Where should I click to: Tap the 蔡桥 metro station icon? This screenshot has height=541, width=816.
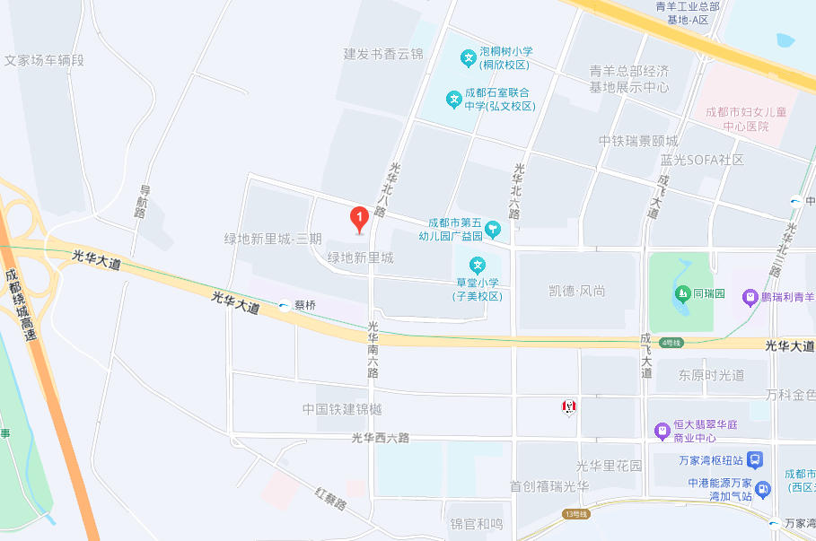[x=285, y=305]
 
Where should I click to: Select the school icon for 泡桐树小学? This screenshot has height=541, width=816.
[x=468, y=58]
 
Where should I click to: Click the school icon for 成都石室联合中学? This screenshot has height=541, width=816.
[x=453, y=99]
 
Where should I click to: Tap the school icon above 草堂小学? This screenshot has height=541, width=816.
[x=478, y=266]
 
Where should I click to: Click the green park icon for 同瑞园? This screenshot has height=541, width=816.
[x=680, y=293]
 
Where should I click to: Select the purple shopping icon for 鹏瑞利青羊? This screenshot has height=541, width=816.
[x=749, y=297]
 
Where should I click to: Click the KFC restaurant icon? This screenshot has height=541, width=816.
[x=568, y=407]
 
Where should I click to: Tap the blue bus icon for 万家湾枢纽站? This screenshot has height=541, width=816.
[x=755, y=460]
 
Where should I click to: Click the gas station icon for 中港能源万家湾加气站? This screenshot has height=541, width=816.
[x=763, y=489]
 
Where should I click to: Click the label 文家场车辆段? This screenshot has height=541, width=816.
[x=44, y=61]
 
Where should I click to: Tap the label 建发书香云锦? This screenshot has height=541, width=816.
[x=383, y=54]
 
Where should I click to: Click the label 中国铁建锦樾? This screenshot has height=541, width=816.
[x=342, y=409]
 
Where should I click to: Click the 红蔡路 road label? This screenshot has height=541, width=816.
[x=331, y=499]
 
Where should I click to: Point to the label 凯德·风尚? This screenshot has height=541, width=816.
[x=577, y=291]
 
